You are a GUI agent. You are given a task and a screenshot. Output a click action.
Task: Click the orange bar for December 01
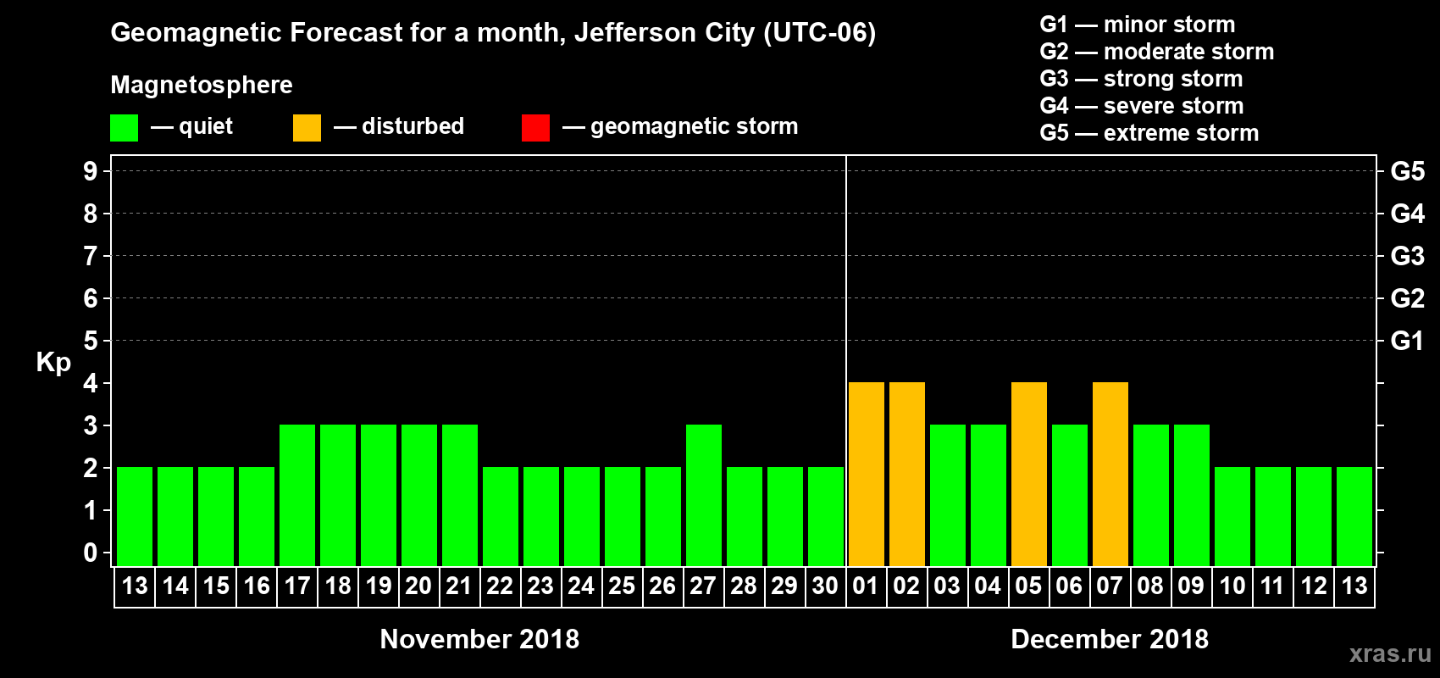pyautogui.click(x=866, y=474)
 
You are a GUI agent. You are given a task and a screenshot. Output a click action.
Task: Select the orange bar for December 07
pyautogui.click(x=1110, y=474)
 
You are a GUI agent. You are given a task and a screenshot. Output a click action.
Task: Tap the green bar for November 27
pyautogui.click(x=703, y=495)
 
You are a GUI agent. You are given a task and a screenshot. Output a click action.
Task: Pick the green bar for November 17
pyautogui.click(x=296, y=495)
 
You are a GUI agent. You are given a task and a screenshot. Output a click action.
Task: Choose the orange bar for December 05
pyautogui.click(x=1028, y=474)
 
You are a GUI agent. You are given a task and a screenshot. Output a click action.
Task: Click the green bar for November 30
pyautogui.click(x=825, y=516)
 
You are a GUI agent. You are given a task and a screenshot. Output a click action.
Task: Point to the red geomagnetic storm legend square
pyautogui.click(x=535, y=128)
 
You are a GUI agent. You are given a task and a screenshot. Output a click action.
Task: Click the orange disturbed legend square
pyautogui.click(x=307, y=128)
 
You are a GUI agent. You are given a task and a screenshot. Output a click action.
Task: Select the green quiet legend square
pyautogui.click(x=124, y=128)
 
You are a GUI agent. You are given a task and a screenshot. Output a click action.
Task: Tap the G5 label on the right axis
pyautogui.click(x=1407, y=171)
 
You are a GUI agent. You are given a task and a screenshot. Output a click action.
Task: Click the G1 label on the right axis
pyautogui.click(x=1407, y=341)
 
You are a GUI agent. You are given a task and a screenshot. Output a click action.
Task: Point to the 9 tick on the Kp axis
pyautogui.click(x=91, y=171)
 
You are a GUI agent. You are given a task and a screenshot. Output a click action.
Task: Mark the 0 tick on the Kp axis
pyautogui.click(x=91, y=553)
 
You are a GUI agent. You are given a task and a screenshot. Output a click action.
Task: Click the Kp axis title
pyautogui.click(x=53, y=362)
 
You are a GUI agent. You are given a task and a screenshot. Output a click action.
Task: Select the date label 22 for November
pyautogui.click(x=500, y=586)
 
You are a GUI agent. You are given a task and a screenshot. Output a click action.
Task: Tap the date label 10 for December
pyautogui.click(x=1232, y=586)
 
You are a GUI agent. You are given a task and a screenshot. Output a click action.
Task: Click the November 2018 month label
pyautogui.click(x=479, y=639)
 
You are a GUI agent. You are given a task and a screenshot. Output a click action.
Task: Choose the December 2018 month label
pyautogui.click(x=1110, y=639)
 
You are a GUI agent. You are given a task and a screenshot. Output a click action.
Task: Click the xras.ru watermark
pyautogui.click(x=1390, y=653)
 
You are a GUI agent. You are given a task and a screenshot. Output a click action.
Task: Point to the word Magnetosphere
pyautogui.click(x=202, y=85)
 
